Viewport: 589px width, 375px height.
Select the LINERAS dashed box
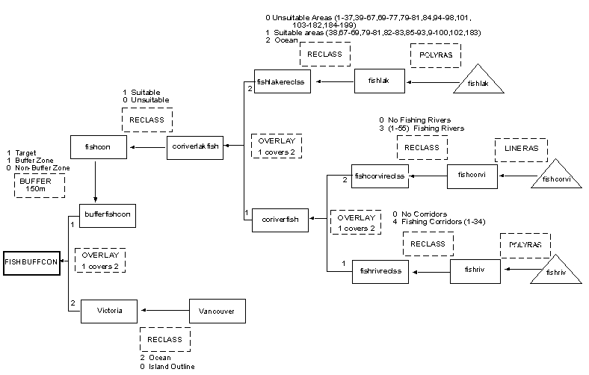coord(521,149)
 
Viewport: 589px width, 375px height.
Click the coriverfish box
coord(280,219)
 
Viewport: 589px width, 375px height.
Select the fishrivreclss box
coord(382,271)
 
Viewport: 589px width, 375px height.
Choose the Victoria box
coord(110,309)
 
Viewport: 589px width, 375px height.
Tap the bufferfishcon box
coord(109,214)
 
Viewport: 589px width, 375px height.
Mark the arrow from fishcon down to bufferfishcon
coord(95,180)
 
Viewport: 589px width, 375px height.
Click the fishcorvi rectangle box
coord(472,176)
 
